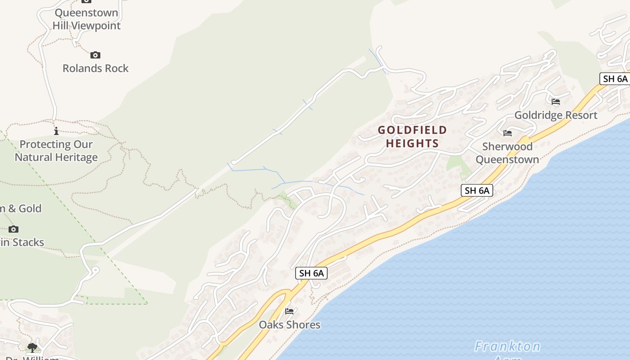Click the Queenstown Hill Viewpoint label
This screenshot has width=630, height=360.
pyautogui.click(x=86, y=19)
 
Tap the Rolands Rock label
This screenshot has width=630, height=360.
pyautogui.click(x=95, y=68)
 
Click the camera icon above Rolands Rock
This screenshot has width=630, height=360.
pyautogui.click(x=95, y=55)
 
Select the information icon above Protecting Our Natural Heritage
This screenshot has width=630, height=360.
pyautogui.click(x=56, y=131)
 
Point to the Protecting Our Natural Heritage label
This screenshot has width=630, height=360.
pyautogui.click(x=56, y=151)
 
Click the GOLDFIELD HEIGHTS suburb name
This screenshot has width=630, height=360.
pyautogui.click(x=412, y=137)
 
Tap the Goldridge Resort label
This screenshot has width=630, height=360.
pyautogui.click(x=556, y=115)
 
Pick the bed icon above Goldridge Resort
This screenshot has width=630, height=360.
pyautogui.click(x=556, y=102)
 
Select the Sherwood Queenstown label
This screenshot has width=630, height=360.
pyautogui.click(x=507, y=153)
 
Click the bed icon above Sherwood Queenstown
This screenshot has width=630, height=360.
pyautogui.click(x=508, y=133)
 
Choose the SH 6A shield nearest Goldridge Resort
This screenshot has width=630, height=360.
pyautogui.click(x=615, y=79)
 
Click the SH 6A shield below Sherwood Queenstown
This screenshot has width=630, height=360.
pyautogui.click(x=477, y=190)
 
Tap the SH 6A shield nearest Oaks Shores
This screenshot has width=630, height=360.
pyautogui.click(x=311, y=273)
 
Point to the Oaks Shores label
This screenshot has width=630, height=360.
pyautogui.click(x=289, y=325)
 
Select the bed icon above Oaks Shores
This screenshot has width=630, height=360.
pyautogui.click(x=289, y=311)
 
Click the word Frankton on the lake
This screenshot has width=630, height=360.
pyautogui.click(x=508, y=346)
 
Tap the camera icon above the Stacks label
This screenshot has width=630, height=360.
pyautogui.click(x=13, y=229)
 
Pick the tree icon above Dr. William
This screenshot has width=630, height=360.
pyautogui.click(x=32, y=347)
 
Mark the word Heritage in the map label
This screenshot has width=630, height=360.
pyautogui.click(x=76, y=157)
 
